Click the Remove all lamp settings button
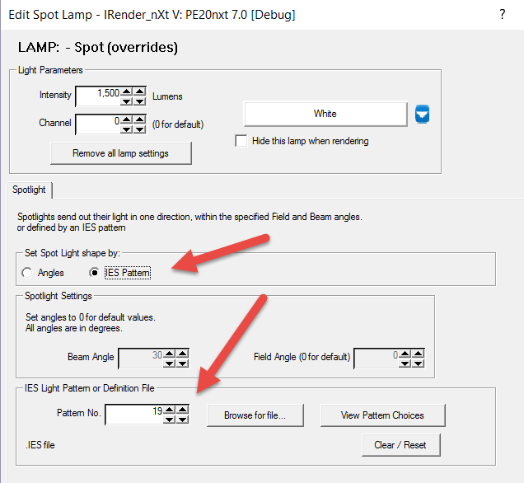click(121, 153)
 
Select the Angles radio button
click(27, 273)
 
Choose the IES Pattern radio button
click(95, 273)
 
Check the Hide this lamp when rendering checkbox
click(241, 141)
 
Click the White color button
click(325, 114)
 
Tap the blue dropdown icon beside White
click(422, 114)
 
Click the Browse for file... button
click(255, 415)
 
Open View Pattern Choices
click(382, 415)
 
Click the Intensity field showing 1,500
click(98, 96)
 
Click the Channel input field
click(98, 124)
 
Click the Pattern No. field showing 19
click(134, 415)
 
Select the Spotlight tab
click(29, 190)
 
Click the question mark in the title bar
click(503, 14)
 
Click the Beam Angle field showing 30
click(141, 359)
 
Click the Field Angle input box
click(377, 359)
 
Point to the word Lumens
click(167, 96)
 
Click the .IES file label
click(40, 445)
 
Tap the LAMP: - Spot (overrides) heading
click(98, 47)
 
